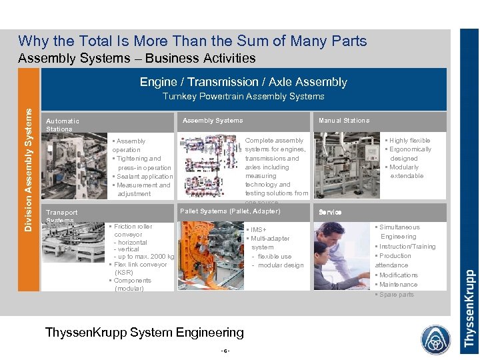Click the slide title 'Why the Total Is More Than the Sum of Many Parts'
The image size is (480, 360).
pos(192,41)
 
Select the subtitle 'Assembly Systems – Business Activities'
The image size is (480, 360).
pos(137,58)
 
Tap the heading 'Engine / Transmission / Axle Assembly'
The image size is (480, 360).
pos(243,82)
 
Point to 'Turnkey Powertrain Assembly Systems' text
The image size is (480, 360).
pos(243,97)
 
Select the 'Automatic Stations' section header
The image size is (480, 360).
pos(63,125)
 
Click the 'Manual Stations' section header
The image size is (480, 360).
pos(343,121)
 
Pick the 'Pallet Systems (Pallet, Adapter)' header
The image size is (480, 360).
pos(230,211)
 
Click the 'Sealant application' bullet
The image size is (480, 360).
pos(144,177)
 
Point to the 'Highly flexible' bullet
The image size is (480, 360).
pos(409,141)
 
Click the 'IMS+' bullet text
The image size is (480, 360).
pos(256,230)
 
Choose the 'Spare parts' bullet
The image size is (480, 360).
pos(396,295)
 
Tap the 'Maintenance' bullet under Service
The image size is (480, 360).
pos(398,285)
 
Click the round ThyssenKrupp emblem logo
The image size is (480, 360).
pos(435,339)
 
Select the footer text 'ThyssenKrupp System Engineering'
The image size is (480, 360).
pos(144,332)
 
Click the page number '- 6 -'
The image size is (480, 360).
pos(227,351)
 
